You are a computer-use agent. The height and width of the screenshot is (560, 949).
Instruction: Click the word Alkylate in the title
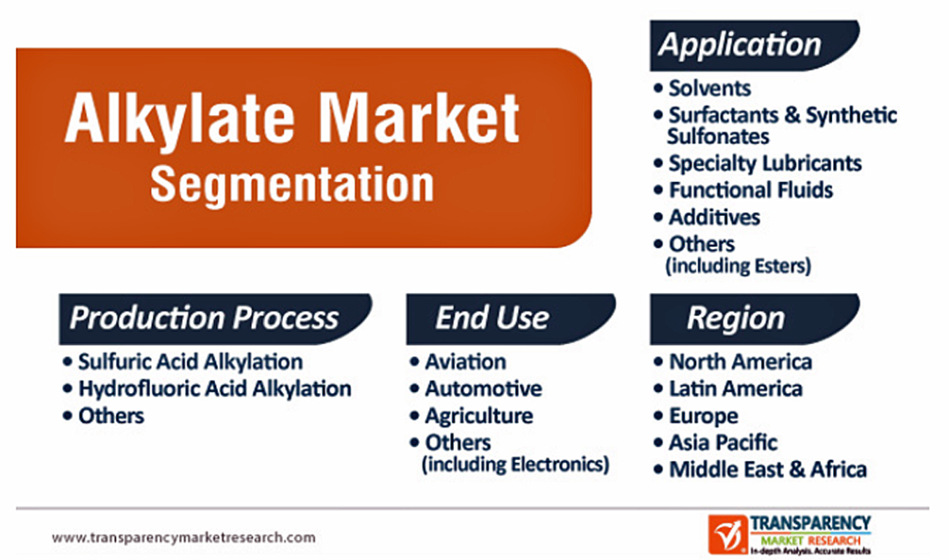click(181, 119)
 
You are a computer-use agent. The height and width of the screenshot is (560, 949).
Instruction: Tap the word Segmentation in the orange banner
click(292, 185)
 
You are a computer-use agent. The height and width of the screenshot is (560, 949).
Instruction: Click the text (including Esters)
click(739, 266)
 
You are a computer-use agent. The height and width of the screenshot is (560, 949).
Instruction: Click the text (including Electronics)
click(515, 465)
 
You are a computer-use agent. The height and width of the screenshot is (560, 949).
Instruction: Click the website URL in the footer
click(183, 538)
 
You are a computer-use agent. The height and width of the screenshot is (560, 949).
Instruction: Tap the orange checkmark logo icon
click(728, 534)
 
